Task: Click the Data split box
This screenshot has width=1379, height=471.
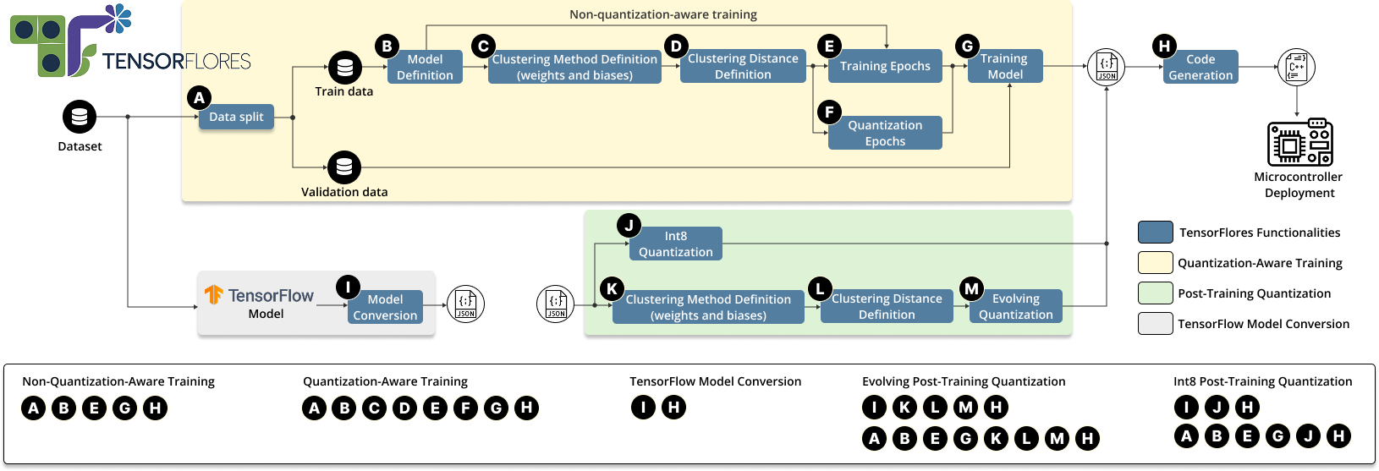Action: point(236,117)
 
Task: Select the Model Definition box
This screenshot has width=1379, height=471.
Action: point(425,67)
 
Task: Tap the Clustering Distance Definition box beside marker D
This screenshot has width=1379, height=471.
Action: point(743,66)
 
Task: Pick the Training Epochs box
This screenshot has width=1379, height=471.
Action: point(885,66)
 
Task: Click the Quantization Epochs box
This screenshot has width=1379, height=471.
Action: point(885,133)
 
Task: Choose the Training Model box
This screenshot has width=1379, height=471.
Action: point(1005,66)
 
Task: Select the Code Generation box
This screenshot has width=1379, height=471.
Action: point(1200,67)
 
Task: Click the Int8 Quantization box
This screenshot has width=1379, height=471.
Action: point(675,244)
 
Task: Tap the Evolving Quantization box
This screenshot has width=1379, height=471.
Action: point(1016,306)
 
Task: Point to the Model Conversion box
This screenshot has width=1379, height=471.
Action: point(386,307)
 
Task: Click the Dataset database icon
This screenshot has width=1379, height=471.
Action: point(80,117)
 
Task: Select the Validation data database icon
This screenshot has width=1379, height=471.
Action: point(344,167)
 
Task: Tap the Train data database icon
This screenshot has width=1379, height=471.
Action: point(345,67)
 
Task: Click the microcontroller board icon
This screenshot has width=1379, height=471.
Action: point(1299,141)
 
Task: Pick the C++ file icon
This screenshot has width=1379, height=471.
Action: point(1296,67)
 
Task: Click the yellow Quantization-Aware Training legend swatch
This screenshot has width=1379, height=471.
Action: point(1155,263)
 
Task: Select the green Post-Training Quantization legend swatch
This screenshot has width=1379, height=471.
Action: point(1155,293)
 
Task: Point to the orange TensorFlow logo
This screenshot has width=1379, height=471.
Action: point(214,295)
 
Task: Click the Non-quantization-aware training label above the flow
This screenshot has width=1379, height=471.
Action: point(663,14)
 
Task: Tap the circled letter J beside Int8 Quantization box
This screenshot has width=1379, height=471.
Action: point(629,226)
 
